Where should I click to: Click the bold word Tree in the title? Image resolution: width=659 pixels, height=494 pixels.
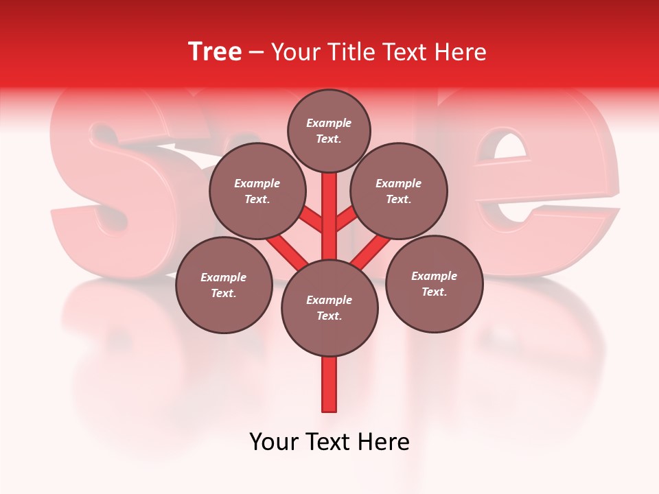point(215,52)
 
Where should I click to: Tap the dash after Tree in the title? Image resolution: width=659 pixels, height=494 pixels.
point(257,53)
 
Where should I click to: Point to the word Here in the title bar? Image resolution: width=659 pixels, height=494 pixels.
point(461,52)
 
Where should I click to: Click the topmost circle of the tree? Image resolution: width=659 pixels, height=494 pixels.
point(329,130)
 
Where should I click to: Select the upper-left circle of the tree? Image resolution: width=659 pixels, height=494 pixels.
point(257,191)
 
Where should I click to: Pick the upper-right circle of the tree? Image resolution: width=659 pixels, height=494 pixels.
point(399,191)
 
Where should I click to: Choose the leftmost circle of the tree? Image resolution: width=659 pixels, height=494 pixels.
point(224,285)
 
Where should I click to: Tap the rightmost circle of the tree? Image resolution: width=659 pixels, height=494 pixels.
point(434,283)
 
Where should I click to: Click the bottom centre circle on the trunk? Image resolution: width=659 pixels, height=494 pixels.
point(329,308)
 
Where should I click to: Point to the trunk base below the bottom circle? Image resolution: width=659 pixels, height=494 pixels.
point(329,384)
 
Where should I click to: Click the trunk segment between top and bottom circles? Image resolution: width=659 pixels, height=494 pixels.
point(329,216)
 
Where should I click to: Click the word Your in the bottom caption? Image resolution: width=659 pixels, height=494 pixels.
point(274,442)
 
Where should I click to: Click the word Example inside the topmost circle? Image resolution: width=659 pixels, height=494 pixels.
point(329,123)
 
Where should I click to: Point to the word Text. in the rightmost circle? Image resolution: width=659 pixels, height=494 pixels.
point(434,292)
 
